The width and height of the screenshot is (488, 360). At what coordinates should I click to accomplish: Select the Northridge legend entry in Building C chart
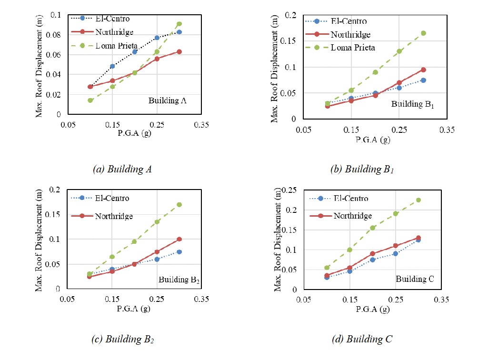pos(353,216)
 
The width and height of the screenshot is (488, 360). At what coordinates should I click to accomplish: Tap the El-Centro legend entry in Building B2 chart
pos(112,198)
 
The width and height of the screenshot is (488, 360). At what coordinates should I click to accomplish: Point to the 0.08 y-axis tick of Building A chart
pos(56,35)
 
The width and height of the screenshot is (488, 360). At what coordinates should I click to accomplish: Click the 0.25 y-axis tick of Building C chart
pos(290,190)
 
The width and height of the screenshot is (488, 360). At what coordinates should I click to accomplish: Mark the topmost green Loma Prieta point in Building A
pos(179,24)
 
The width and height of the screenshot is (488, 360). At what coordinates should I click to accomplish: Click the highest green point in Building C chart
pos(418,200)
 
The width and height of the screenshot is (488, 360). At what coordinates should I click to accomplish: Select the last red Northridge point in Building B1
pos(423,70)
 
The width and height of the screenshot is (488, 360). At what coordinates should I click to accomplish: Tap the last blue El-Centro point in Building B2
pos(179,252)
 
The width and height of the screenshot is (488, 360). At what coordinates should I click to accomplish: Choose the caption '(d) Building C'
pos(362,339)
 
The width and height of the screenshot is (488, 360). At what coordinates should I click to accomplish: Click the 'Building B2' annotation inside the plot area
pos(179,280)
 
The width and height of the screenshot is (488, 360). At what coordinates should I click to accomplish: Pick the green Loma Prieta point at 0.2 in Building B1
pos(375,72)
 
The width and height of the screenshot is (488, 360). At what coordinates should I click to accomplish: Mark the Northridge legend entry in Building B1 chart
pos(350,35)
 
